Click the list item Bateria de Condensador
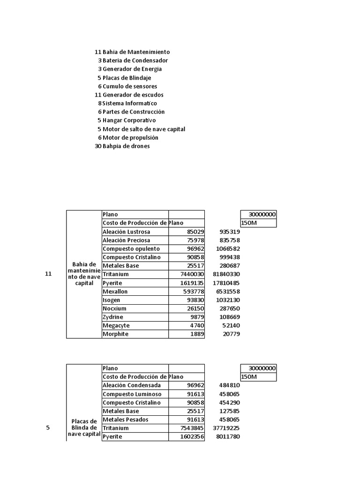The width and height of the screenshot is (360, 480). click(x=135, y=60)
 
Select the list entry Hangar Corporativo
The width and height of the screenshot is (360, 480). click(x=129, y=120)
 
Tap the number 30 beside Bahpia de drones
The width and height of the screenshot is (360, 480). click(x=98, y=146)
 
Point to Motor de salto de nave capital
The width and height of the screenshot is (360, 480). click(x=144, y=129)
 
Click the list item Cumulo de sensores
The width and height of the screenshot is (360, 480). click(x=130, y=86)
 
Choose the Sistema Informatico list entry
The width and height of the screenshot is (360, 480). click(x=130, y=103)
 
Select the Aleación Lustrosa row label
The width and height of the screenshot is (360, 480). click(x=127, y=232)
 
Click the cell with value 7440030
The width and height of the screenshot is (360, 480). click(x=192, y=274)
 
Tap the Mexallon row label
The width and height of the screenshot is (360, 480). click(x=115, y=292)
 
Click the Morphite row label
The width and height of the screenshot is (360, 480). click(x=115, y=334)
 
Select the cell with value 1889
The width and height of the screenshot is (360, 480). click(x=196, y=334)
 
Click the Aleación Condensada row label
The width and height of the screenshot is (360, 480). click(x=131, y=385)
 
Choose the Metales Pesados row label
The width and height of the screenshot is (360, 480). click(x=125, y=420)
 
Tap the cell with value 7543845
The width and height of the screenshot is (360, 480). click(x=192, y=428)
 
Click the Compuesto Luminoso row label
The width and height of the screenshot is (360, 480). click(x=132, y=394)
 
